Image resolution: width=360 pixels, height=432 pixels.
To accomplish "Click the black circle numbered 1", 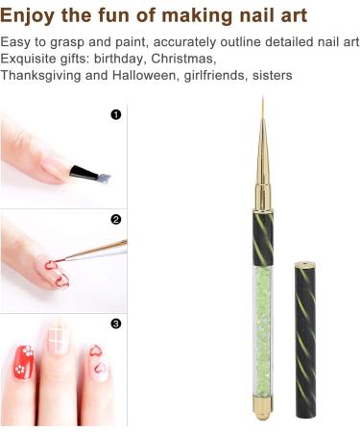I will coord(116,114).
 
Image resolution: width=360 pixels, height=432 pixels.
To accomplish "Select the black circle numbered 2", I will coord(116,219).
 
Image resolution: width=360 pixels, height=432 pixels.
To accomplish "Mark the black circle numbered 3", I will coord(116,324).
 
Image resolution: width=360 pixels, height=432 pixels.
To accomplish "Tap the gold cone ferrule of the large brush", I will coord(260,173).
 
